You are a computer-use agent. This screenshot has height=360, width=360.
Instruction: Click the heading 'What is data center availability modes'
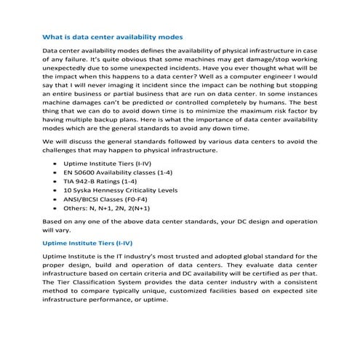pyautogui.click(x=113, y=36)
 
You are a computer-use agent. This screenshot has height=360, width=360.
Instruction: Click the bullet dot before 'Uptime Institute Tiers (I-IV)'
pyautogui.click(x=56, y=165)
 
